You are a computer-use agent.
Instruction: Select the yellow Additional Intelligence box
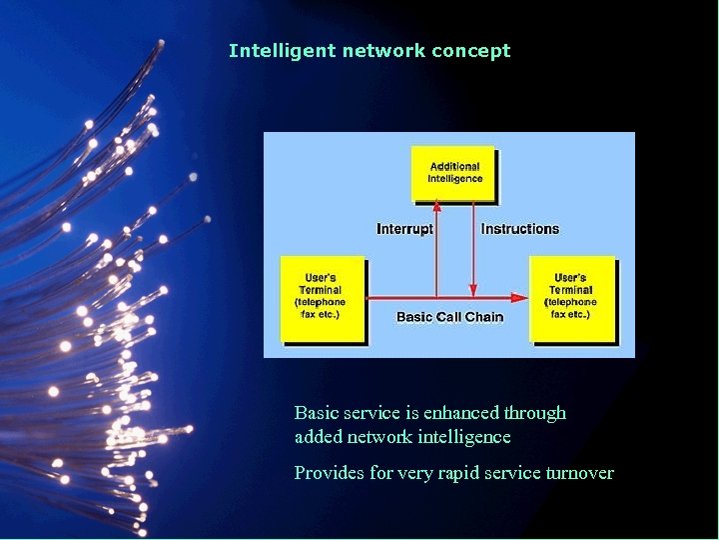point(455,173)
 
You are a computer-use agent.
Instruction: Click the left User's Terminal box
point(321,296)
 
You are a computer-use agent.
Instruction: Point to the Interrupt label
point(404,229)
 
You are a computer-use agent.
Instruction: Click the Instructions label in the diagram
point(520,229)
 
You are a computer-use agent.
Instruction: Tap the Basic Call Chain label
point(449,317)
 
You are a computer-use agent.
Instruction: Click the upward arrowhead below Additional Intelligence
point(436,205)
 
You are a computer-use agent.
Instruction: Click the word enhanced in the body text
point(462,413)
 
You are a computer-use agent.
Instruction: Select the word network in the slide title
point(383,51)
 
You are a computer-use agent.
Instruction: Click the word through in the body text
point(535,413)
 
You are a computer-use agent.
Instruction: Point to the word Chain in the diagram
point(483,317)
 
